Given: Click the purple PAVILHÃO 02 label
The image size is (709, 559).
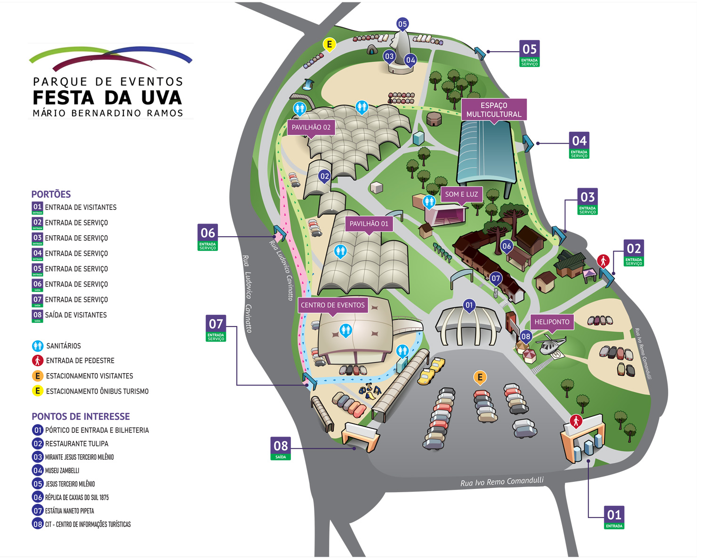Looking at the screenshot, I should [311, 127].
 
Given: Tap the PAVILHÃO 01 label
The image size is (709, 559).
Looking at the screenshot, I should [369, 224].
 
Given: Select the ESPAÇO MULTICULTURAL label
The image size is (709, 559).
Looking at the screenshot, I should [494, 110].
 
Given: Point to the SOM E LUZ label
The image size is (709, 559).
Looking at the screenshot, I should [461, 194].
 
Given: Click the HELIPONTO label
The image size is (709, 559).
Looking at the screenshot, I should [552, 322].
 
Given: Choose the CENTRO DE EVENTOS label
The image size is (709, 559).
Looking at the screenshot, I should [332, 305].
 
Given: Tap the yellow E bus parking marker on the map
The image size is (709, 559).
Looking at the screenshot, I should [330, 45].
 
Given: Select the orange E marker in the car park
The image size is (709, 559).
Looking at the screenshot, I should [480, 377].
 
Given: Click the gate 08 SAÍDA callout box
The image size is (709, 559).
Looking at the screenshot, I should [281, 448].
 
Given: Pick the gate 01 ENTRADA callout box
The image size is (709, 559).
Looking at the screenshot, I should [614, 517].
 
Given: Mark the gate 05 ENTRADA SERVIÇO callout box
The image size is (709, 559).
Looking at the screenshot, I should [530, 53].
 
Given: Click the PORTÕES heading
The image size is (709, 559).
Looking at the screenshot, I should [51, 194].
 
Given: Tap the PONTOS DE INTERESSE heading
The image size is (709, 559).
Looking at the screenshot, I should [81, 416].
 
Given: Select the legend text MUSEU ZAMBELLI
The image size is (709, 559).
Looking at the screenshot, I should [62, 471].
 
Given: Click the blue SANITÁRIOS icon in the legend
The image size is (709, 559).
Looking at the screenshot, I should [38, 346].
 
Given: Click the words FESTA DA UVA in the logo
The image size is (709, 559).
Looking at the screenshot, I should [107, 98].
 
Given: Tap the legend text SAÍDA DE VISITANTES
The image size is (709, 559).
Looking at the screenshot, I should [76, 315].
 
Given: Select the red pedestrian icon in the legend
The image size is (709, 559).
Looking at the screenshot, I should [38, 361].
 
